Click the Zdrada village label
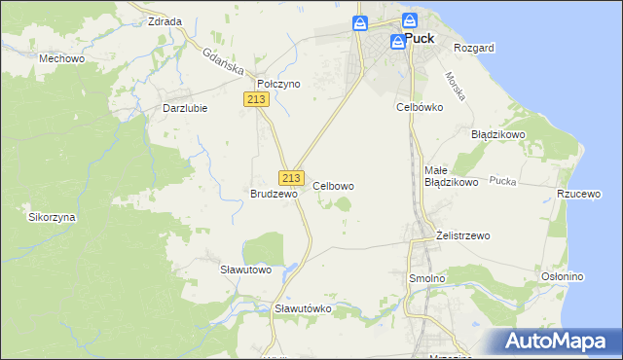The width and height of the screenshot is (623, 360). pos(165,21)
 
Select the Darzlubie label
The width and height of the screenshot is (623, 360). pos(184,108)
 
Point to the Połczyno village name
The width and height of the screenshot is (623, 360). pos(278,85)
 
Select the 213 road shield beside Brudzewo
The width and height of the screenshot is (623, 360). pos(290,178)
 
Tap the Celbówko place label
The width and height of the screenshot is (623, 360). pos(420,107)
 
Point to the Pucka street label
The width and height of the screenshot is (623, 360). pos(502,181)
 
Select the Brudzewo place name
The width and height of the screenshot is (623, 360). pos(274,194)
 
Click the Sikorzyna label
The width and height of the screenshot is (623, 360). pos(52,217)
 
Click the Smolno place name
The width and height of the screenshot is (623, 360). pos(425,278)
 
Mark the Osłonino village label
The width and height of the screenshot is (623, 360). pos(562,277)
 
